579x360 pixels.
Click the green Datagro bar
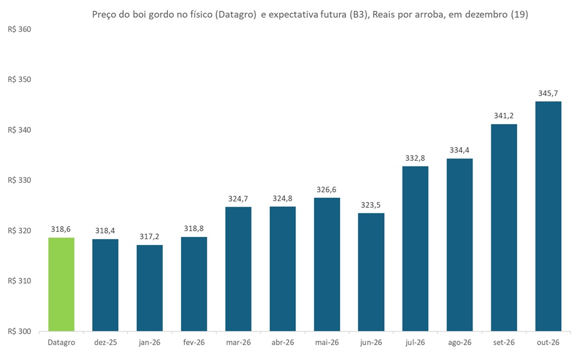(61, 284)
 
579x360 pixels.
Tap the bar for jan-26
(149, 288)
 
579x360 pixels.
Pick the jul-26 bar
(415, 248)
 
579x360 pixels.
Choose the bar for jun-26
(371, 272)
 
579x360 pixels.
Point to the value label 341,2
(504, 115)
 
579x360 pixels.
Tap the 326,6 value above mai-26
(327, 189)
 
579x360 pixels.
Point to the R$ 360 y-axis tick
(20, 29)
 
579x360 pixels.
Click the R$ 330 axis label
(20, 180)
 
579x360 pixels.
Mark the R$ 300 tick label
(20, 331)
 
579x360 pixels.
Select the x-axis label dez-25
(105, 342)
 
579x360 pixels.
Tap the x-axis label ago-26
(459, 342)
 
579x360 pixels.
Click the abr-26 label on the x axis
(282, 342)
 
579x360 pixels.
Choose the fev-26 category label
(194, 342)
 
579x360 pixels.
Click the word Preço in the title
(104, 15)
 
